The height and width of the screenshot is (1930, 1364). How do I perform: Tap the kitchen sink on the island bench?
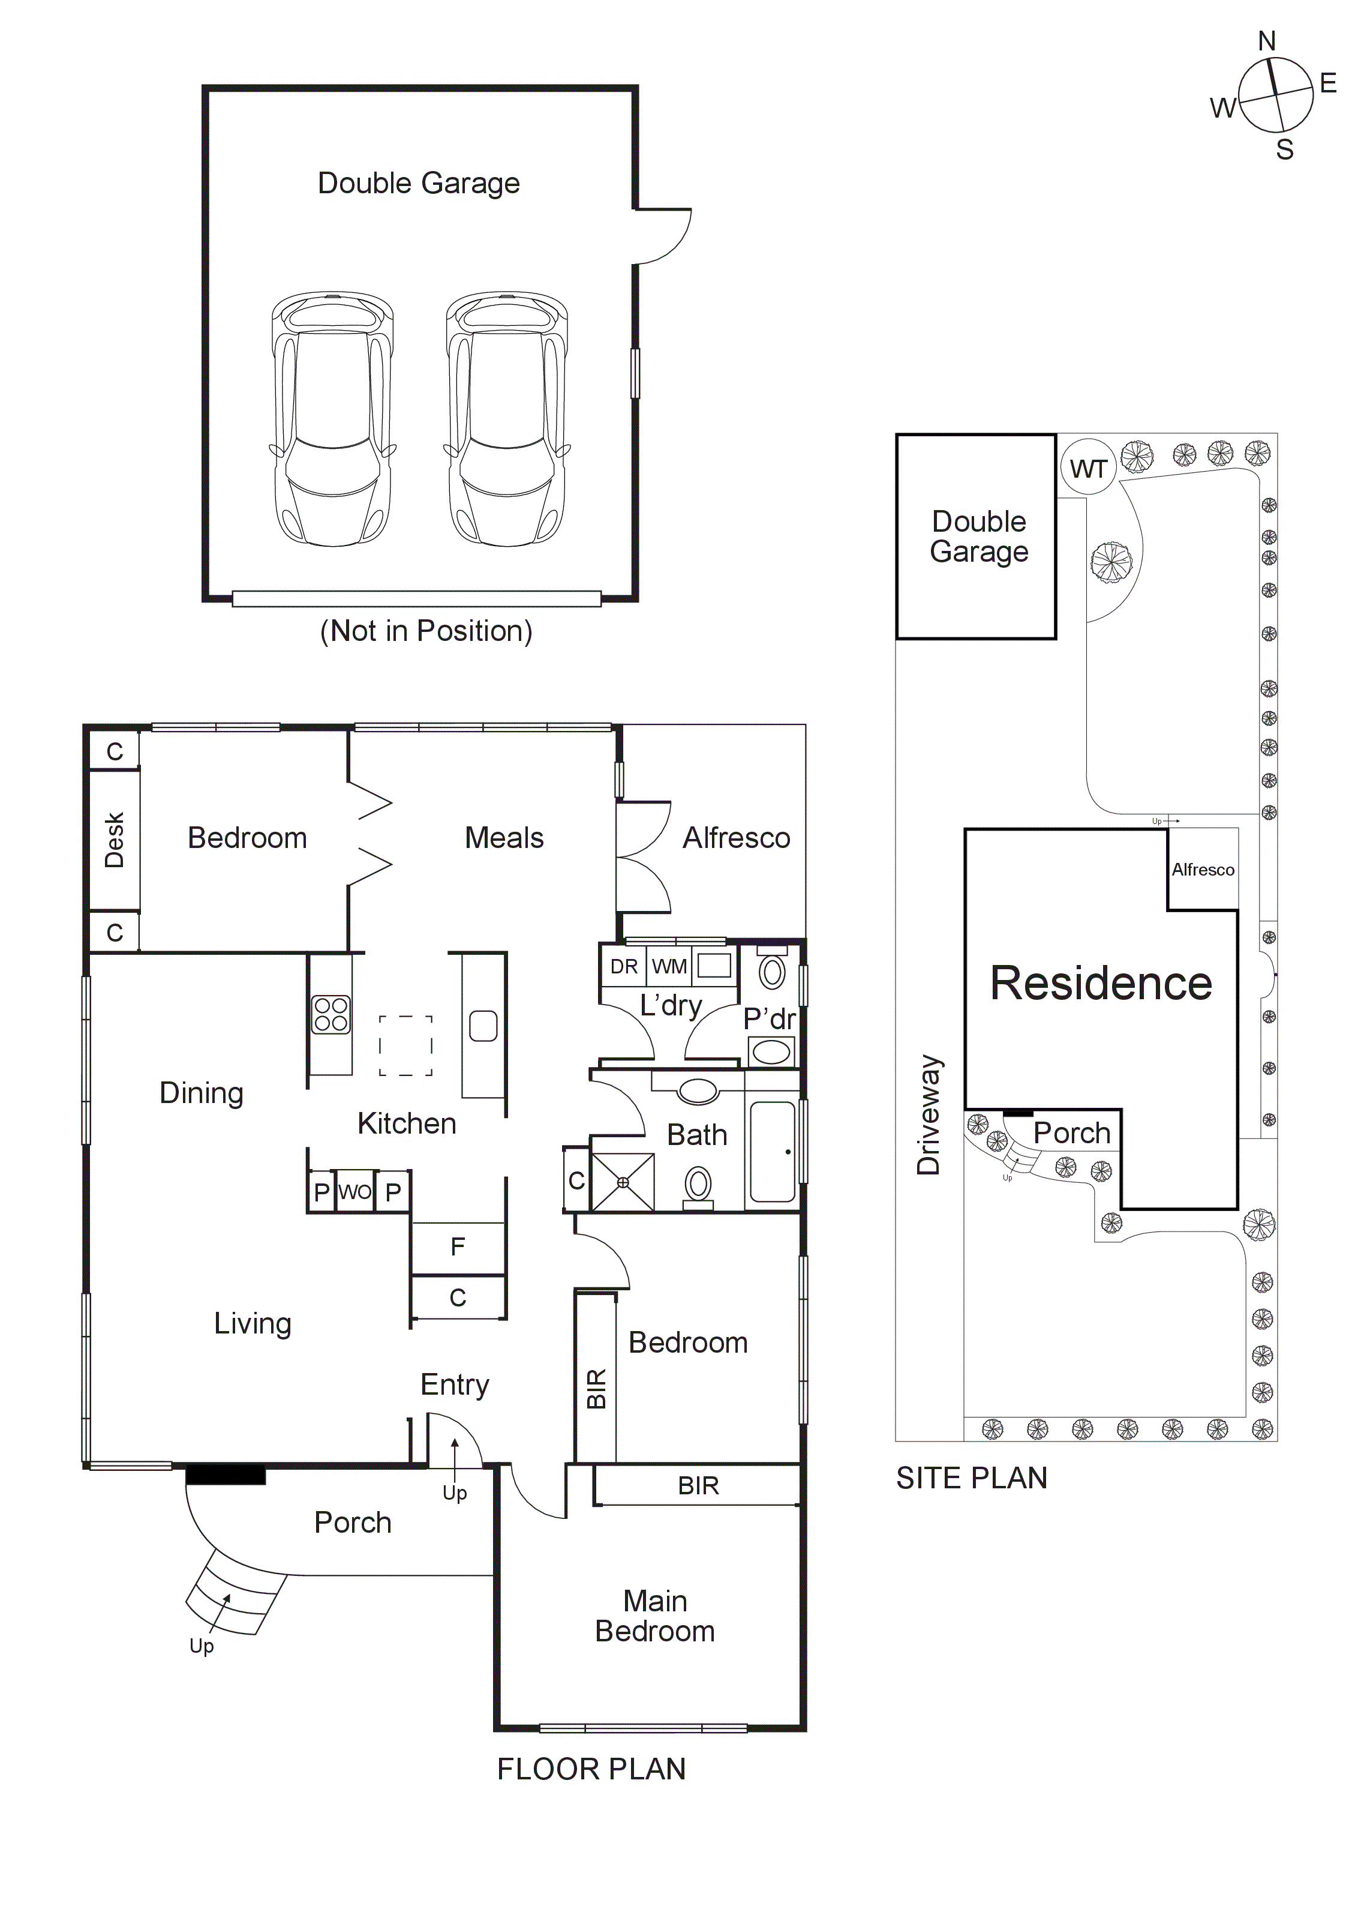click(483, 1026)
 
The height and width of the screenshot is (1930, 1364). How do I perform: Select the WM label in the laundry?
click(669, 967)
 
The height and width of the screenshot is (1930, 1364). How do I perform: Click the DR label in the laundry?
click(624, 967)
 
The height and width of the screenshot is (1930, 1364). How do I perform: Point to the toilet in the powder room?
click(771, 971)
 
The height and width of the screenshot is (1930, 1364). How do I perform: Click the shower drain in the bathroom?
click(623, 1182)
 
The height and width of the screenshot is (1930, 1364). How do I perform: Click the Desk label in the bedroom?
click(115, 839)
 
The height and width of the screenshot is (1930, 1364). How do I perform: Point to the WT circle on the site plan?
click(1087, 468)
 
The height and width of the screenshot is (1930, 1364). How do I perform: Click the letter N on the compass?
click(1266, 40)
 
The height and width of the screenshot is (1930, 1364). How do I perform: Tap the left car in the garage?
click(333, 419)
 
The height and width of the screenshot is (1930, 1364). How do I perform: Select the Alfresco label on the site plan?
click(1203, 869)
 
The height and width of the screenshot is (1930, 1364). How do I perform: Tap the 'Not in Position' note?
click(426, 631)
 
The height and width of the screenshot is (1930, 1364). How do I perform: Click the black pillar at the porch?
click(225, 1475)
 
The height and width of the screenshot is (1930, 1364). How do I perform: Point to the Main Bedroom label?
click(654, 1616)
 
